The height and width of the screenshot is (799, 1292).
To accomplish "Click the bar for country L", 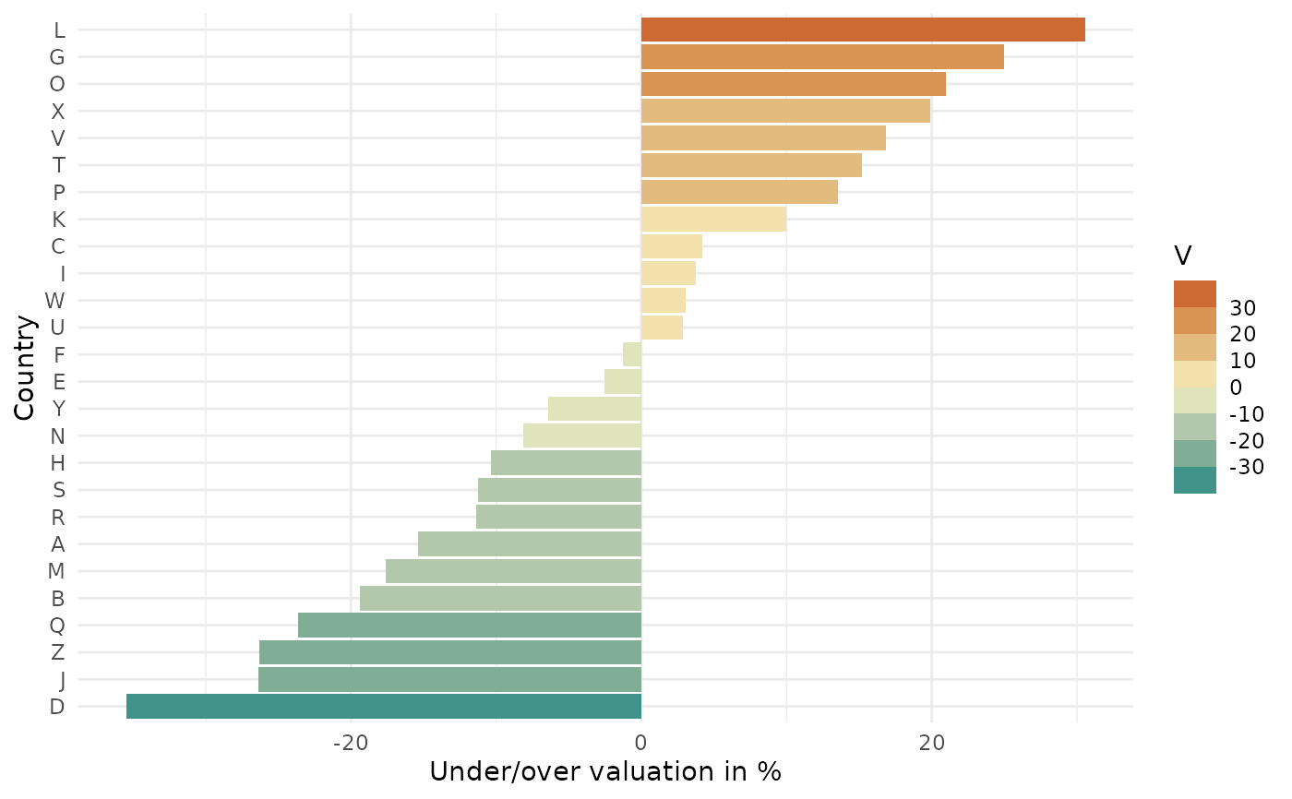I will (863, 30).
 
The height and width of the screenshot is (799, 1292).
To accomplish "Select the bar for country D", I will (384, 707).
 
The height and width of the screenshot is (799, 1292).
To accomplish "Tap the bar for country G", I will (822, 56).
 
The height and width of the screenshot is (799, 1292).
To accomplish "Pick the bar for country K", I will (713, 220).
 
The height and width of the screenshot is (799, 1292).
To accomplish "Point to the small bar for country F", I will (632, 354).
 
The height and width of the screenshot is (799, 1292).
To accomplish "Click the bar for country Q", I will (470, 626).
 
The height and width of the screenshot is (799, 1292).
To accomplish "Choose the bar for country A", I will (530, 544).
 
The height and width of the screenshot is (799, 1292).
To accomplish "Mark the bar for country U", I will (662, 328).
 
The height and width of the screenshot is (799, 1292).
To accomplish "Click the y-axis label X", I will (57, 112).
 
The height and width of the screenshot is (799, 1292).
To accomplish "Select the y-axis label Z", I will (57, 653).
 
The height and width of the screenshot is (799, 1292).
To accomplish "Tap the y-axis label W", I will (55, 301).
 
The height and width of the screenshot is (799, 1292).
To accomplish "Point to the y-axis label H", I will (57, 463).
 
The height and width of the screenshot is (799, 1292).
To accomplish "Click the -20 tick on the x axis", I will (351, 743).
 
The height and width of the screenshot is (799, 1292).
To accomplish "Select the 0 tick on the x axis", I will (641, 743).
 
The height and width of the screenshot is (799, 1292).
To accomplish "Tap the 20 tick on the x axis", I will (931, 743).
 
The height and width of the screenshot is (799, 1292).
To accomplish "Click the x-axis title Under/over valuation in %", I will (605, 771).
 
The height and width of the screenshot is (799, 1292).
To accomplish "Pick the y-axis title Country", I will (26, 367).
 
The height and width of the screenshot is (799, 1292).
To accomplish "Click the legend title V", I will (1182, 255).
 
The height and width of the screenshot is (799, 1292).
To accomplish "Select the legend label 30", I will (1242, 307).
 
